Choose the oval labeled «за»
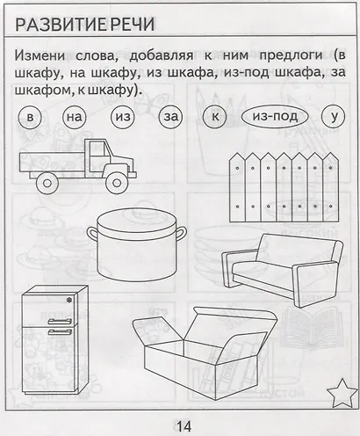169,117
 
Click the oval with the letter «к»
214,117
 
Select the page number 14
182,426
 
